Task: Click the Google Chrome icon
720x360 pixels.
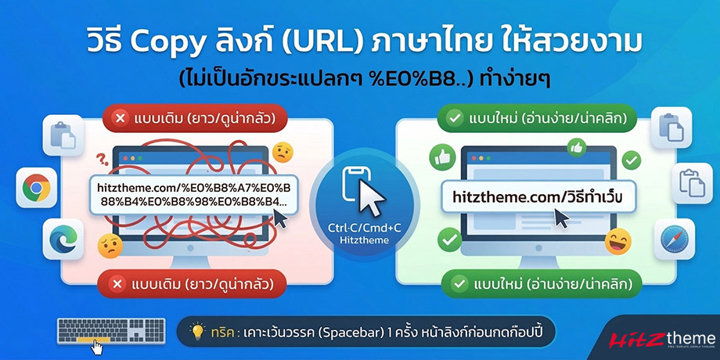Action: click(x=36, y=188)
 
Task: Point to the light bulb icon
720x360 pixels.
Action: click(x=197, y=333)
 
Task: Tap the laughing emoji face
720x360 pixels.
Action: click(x=618, y=239)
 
